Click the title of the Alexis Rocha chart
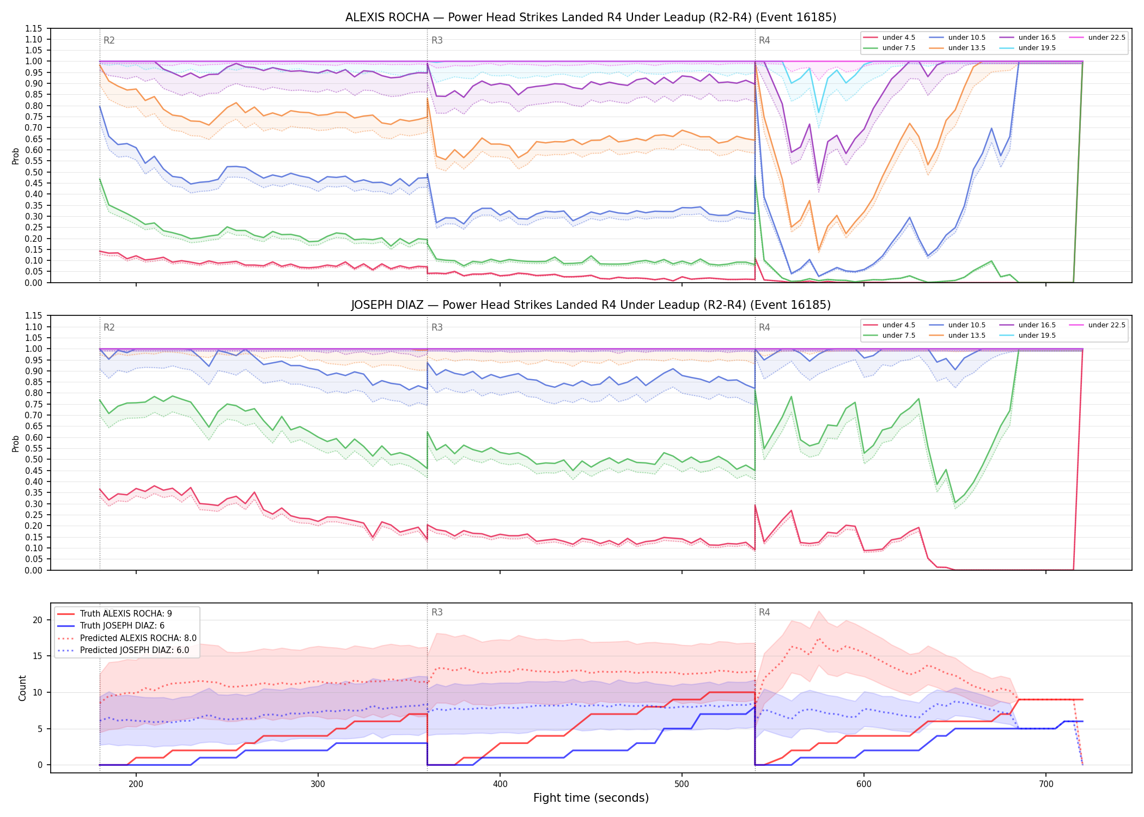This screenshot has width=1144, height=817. click(x=591, y=17)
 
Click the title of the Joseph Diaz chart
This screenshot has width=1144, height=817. click(x=591, y=305)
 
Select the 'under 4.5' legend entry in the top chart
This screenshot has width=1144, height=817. click(x=890, y=38)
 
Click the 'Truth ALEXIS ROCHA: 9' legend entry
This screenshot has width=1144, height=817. click(x=114, y=614)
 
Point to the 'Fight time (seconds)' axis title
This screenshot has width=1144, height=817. click(x=591, y=798)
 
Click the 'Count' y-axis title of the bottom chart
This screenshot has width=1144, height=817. click(x=22, y=688)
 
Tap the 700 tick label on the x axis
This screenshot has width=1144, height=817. click(x=1046, y=784)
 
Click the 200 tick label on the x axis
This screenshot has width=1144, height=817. click(x=136, y=784)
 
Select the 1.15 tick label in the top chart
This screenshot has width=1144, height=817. click(x=34, y=28)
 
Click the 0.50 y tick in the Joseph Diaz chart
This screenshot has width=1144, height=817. click(x=34, y=459)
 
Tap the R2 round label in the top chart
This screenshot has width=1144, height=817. click(x=109, y=40)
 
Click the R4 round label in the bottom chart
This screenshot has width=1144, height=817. click(x=764, y=612)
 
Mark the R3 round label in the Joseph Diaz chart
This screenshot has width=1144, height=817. click(x=437, y=327)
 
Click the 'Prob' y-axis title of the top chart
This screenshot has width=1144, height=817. click(x=16, y=156)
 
